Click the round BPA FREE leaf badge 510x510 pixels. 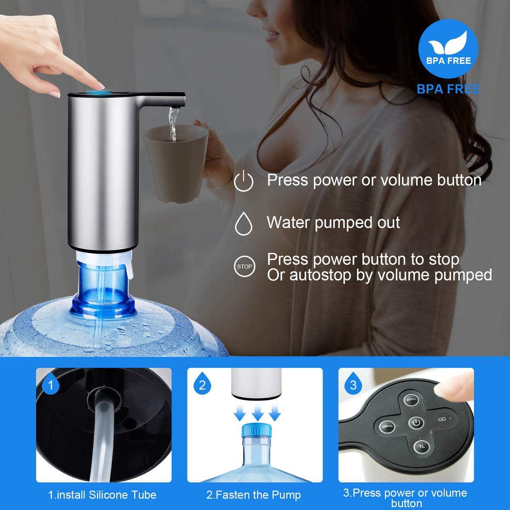(448, 48)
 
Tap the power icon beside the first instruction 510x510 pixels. (244, 181)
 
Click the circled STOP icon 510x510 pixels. (244, 266)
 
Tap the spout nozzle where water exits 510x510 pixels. (176, 107)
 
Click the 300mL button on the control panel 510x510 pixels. (411, 399)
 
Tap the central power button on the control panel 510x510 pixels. (416, 422)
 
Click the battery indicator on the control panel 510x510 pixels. (442, 419)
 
